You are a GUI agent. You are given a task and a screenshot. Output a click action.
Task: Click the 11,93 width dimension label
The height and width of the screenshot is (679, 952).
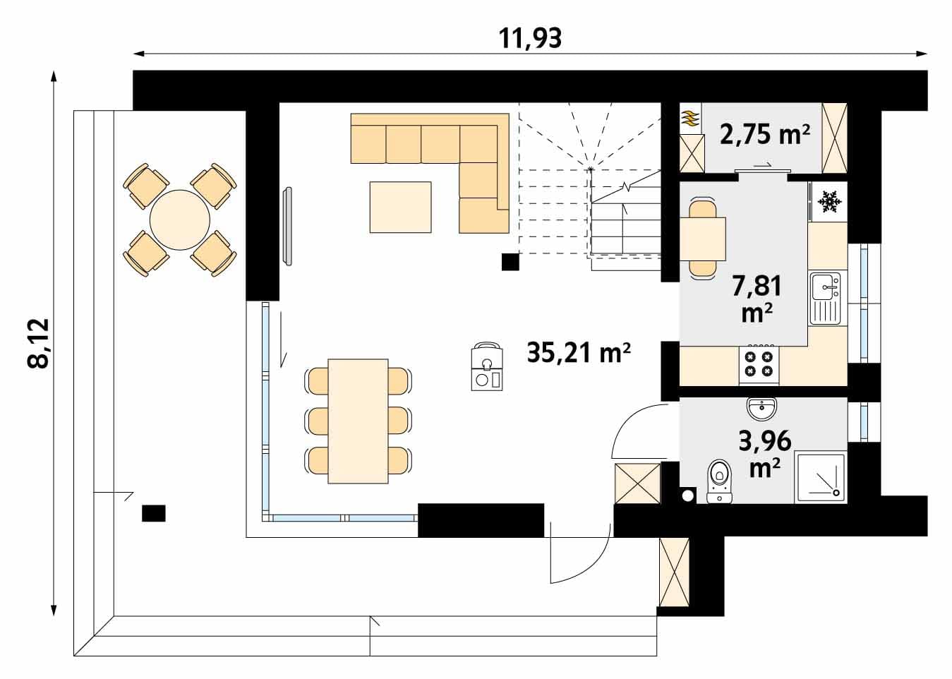click(530, 38)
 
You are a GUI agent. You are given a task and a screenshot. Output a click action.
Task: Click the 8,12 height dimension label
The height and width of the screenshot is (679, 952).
click(38, 343)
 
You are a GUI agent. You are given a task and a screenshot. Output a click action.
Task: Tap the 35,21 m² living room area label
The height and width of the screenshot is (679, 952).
click(579, 352)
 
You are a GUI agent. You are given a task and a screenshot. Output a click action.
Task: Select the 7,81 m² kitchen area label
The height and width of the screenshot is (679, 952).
click(757, 299)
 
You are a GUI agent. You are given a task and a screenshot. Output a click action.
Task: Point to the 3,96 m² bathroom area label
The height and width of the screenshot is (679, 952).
click(765, 453)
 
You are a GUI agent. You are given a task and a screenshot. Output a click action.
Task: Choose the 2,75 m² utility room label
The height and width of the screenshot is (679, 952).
click(765, 134)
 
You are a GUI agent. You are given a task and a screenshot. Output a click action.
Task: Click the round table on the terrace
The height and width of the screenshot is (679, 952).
click(180, 220)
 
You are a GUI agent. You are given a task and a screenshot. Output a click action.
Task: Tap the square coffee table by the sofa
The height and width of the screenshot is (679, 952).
click(400, 207)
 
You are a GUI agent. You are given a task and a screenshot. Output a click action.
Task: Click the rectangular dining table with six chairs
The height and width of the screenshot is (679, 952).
click(358, 421)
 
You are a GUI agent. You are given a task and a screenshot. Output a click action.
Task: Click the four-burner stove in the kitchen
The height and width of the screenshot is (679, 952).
click(759, 365)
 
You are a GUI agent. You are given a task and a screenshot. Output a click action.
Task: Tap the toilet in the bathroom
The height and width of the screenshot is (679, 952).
click(719, 481)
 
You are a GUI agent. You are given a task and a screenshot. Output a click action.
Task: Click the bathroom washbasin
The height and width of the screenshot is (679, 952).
click(761, 409)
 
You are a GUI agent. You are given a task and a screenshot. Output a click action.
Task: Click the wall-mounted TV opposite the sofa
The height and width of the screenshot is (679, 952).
click(288, 226)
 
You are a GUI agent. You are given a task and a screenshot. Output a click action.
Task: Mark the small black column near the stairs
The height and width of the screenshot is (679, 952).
click(510, 262)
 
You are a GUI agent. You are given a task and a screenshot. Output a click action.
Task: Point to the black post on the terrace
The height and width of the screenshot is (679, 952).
click(153, 513)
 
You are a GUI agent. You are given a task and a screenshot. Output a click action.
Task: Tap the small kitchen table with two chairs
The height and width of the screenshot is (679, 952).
click(702, 238)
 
